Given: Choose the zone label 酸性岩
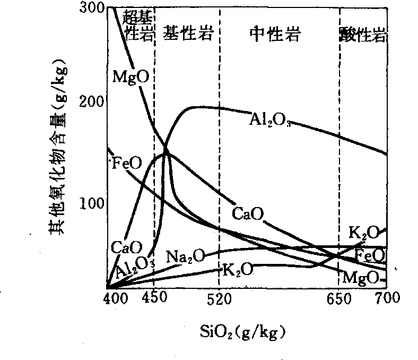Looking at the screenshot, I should pyautogui.click(x=362, y=36).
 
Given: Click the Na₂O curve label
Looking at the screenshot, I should pyautogui.click(x=185, y=256).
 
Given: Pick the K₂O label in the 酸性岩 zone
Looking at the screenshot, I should pyautogui.click(x=364, y=232).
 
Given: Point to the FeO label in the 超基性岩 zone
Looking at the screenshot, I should pyautogui.click(x=127, y=162).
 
